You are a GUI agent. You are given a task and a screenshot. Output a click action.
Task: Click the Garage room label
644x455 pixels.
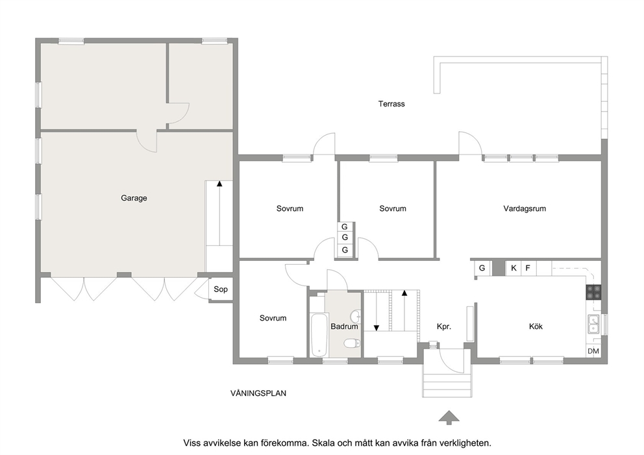pos(134,198)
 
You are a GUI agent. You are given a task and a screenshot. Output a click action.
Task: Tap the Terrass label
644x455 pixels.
pos(391,104)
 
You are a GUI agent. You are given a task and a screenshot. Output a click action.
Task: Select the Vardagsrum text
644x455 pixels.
pos(525,208)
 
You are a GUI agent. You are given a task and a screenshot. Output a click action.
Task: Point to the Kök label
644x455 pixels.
pos(536,326)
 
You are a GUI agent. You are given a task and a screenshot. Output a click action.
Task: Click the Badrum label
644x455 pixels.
pos(344,326)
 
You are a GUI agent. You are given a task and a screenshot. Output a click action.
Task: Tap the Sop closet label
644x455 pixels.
pos(221,289)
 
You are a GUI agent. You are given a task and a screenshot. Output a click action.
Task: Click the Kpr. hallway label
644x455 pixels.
pos(443,327)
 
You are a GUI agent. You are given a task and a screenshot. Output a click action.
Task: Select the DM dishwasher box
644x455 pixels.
pos(593,351)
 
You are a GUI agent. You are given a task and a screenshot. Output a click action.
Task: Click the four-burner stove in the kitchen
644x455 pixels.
pos(593,292)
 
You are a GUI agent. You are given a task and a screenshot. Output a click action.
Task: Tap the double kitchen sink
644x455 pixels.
pos(593,324)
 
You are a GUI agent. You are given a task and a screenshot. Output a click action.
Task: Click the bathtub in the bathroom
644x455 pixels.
pos(319,335)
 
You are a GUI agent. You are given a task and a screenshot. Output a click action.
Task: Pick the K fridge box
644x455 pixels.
pos(514,268)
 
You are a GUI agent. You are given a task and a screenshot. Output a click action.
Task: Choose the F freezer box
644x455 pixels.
pos(528,268)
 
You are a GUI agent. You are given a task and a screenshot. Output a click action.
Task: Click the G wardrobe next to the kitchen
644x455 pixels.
pos(482,268)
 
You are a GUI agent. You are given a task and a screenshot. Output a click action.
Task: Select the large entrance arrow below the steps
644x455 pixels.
pos(449,417)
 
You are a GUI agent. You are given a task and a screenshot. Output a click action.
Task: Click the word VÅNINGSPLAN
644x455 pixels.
pos(258,393)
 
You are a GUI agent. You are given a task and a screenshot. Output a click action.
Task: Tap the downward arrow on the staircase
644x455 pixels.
pos(377,312)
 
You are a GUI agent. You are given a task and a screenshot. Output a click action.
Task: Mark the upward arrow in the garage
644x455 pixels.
pos(219,213)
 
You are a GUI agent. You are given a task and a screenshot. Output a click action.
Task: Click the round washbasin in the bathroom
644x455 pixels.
pos(356,316)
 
